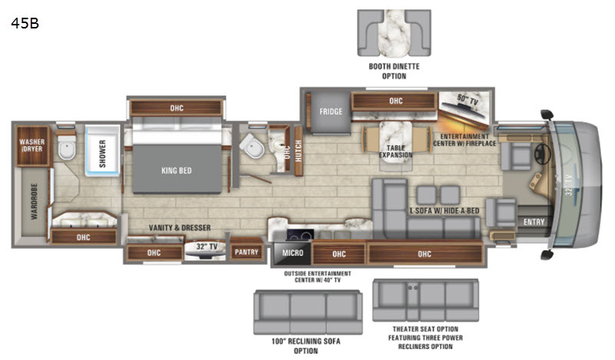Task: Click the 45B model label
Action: pyautogui.click(x=25, y=23)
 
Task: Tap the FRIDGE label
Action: pyautogui.click(x=331, y=112)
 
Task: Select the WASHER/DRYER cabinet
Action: pyautogui.click(x=32, y=145)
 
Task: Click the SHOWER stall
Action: pyautogui.click(x=102, y=151)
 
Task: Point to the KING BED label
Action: pyautogui.click(x=177, y=170)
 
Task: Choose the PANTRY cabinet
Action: pyautogui.click(x=246, y=251)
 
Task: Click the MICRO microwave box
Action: pyautogui.click(x=293, y=253)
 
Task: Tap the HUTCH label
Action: pyautogui.click(x=298, y=151)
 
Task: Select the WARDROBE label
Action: pyautogui.click(x=34, y=202)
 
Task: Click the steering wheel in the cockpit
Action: pyautogui.click(x=543, y=154)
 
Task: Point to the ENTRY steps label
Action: pyautogui.click(x=534, y=222)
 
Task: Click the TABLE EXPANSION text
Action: pyautogui.click(x=396, y=151)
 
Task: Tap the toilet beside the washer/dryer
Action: pyautogui.click(x=67, y=148)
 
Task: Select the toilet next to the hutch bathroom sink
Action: pyautogui.click(x=252, y=146)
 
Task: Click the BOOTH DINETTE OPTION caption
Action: pyautogui.click(x=394, y=71)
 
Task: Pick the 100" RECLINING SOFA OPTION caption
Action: pyautogui.click(x=306, y=346)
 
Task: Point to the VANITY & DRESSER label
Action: pyautogui.click(x=180, y=228)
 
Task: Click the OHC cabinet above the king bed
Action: pyautogui.click(x=177, y=108)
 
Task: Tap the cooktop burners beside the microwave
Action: pyautogui.click(x=300, y=235)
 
